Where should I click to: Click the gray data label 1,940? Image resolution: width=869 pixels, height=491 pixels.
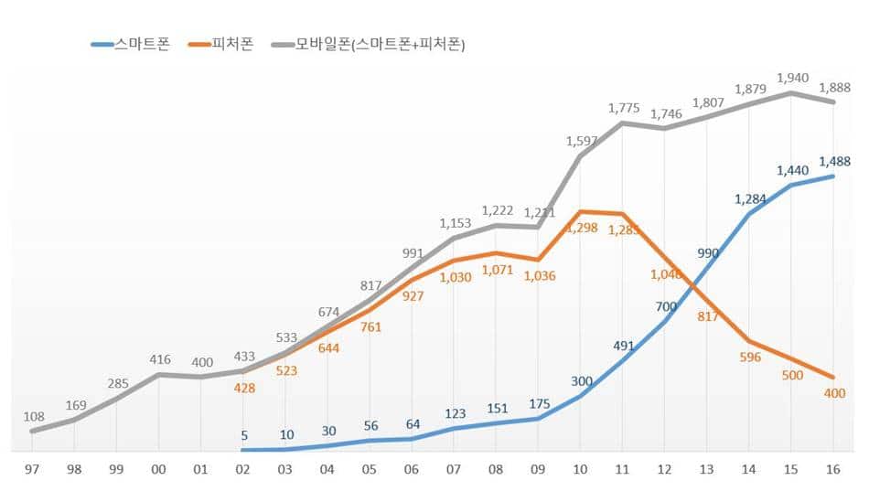(792, 78)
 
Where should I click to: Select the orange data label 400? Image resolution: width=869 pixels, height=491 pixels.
(834, 392)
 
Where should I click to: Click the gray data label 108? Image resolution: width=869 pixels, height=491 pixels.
(34, 416)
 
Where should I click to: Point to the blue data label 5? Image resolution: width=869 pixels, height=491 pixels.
(244, 435)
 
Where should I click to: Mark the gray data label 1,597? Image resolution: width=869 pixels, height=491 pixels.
(582, 141)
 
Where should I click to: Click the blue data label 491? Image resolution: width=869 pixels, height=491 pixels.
(623, 346)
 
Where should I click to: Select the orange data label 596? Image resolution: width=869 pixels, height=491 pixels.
(750, 357)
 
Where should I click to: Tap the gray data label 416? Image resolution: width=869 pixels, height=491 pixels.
(160, 359)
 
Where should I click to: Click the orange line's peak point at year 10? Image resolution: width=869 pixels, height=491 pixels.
(580, 211)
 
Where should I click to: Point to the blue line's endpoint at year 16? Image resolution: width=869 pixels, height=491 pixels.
(833, 176)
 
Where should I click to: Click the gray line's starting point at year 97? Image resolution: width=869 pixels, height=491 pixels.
(32, 431)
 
